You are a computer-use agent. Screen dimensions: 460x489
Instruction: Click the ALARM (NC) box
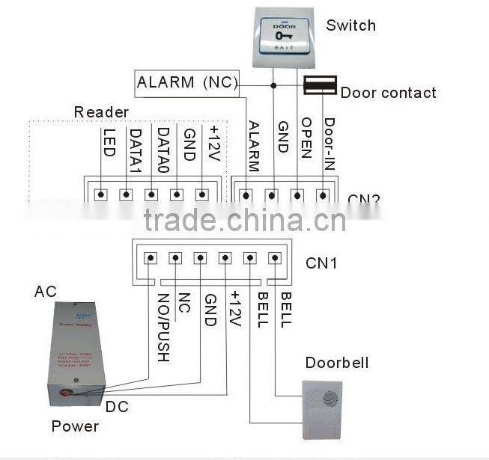[x=186, y=82]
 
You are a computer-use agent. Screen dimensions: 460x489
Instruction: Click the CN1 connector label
[x=321, y=263]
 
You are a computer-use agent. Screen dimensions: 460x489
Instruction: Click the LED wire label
[x=108, y=141]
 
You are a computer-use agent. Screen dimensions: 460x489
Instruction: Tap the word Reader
[x=100, y=112]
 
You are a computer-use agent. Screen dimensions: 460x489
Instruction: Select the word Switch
[x=350, y=25]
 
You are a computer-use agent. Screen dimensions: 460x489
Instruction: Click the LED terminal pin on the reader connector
[x=101, y=194]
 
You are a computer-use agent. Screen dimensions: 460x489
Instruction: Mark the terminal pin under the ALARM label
[x=246, y=195]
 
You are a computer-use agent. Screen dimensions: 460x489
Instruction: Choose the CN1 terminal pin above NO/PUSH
[x=151, y=257]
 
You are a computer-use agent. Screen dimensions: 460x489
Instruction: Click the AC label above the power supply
[x=45, y=292]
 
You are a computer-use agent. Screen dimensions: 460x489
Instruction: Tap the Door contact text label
[x=388, y=93]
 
